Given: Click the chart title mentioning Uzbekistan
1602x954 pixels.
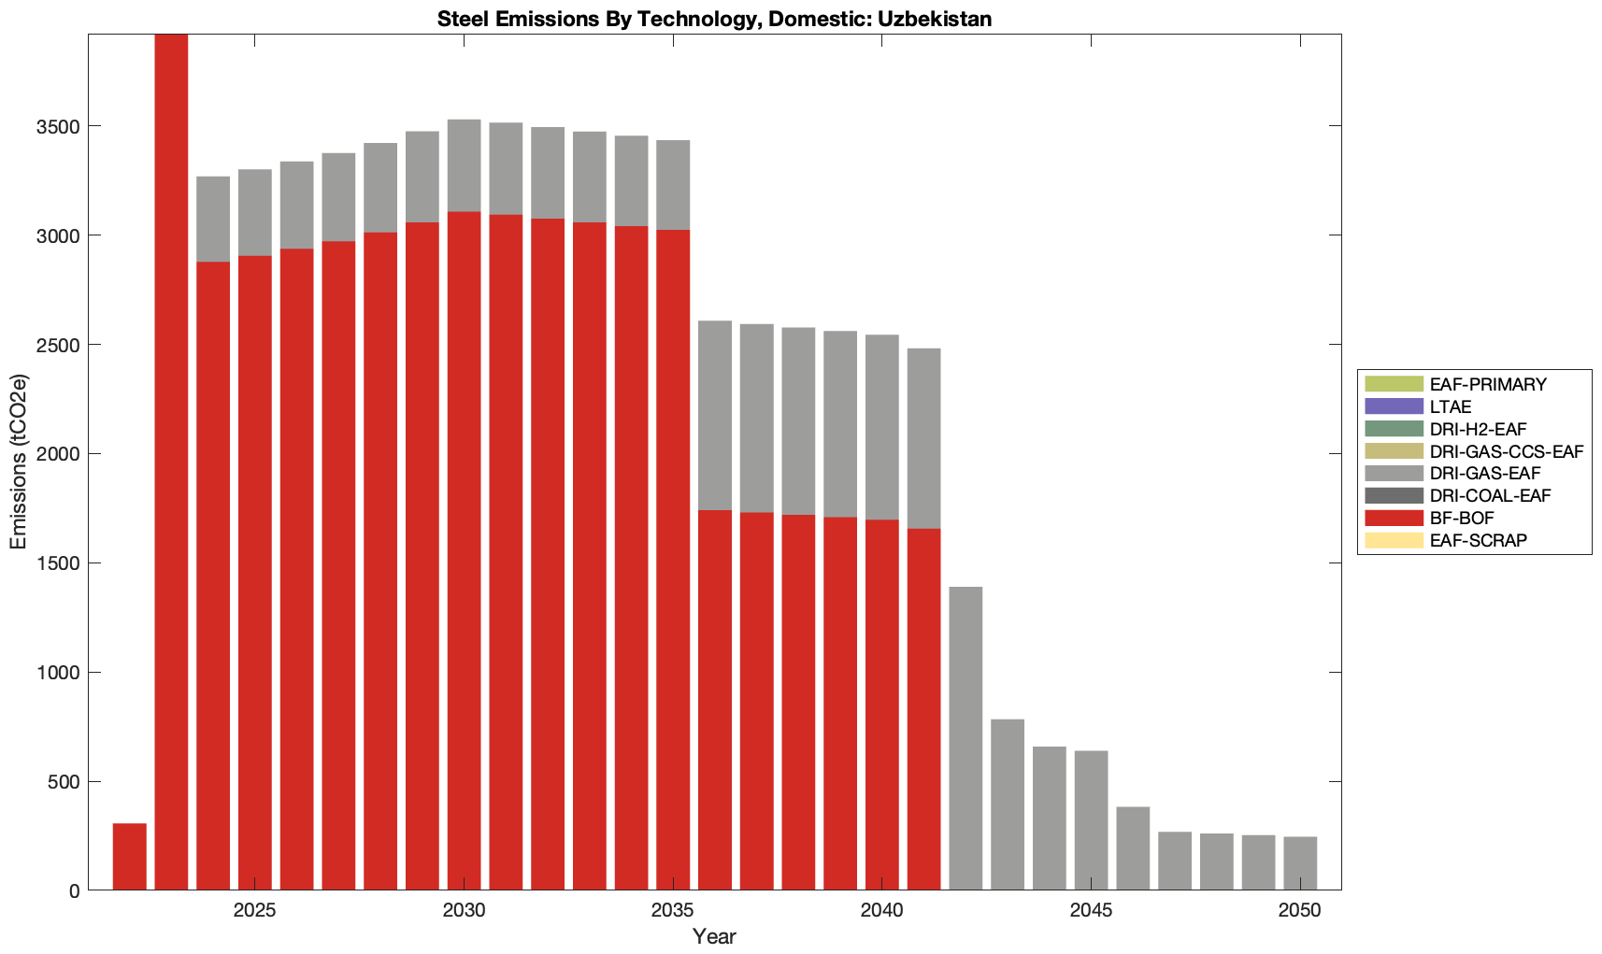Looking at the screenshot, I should [714, 19].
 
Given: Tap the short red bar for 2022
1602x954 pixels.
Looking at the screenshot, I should [129, 857].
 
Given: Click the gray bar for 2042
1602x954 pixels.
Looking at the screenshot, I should [965, 738].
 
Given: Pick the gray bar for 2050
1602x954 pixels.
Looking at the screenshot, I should [1300, 863].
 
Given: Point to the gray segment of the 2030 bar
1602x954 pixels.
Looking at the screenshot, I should [464, 165].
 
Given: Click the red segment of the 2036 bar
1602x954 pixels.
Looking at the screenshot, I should [715, 700].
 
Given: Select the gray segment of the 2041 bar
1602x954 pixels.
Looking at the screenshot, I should [923, 438].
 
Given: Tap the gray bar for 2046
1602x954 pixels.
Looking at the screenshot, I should [1133, 848].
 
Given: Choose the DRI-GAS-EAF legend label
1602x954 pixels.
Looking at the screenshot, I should [1485, 474].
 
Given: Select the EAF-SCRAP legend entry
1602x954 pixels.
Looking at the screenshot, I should [1478, 541].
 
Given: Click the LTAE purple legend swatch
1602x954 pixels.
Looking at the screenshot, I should [1394, 406].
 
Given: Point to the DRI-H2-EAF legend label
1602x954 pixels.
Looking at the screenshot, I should [1478, 429].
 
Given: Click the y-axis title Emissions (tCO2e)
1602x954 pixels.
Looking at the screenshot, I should [19, 463].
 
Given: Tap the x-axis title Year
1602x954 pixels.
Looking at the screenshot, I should [714, 937].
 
